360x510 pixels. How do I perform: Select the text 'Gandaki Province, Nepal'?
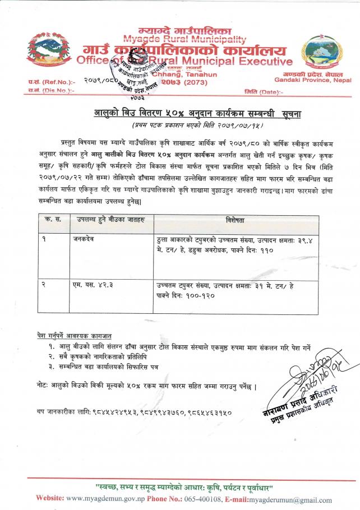318,81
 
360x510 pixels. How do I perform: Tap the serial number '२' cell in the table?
44,285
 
